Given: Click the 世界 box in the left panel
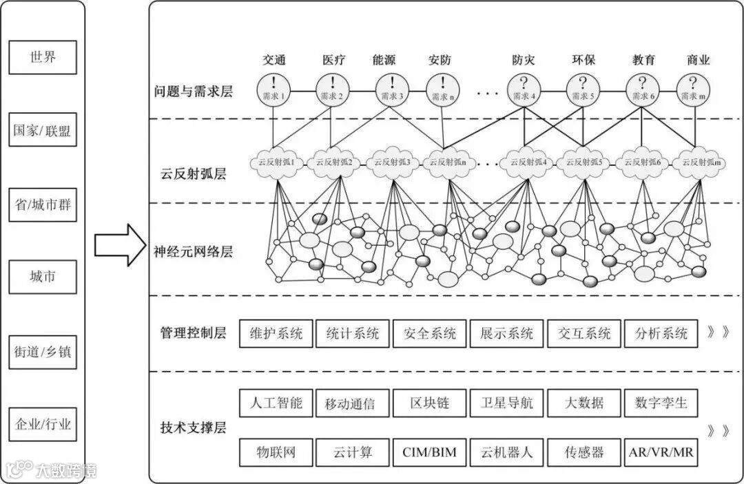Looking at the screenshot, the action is pyautogui.click(x=42, y=57).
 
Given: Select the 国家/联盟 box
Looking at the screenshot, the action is pyautogui.click(x=42, y=130).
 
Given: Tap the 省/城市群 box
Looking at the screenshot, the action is pyautogui.click(x=42, y=204).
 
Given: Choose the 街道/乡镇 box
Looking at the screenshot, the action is pyautogui.click(x=42, y=351).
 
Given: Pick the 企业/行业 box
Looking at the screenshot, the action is pyautogui.click(x=42, y=424).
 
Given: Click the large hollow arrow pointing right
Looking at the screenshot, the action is pyautogui.click(x=121, y=244).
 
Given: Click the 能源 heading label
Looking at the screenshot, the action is pyautogui.click(x=384, y=60).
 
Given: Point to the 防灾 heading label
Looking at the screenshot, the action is pyautogui.click(x=524, y=60).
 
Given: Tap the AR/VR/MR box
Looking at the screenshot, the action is pyautogui.click(x=661, y=452).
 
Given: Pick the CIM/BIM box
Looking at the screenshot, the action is pyautogui.click(x=429, y=452).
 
